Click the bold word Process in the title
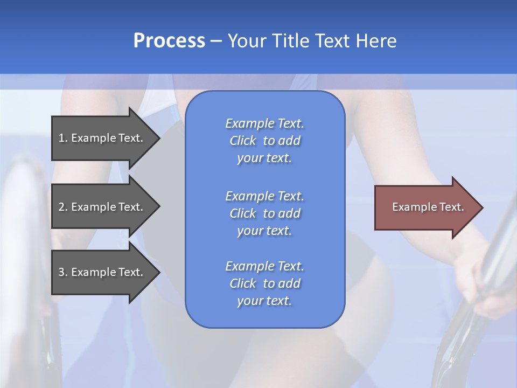coord(169,41)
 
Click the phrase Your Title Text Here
coord(312,41)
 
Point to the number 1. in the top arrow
coord(62,138)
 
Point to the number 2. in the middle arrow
coord(62,207)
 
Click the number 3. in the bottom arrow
coord(62,272)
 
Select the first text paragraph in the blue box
coord(264,141)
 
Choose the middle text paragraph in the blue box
coord(264,213)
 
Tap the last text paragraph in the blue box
coord(264,283)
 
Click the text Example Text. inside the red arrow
coord(428,207)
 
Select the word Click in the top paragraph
coord(243,141)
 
